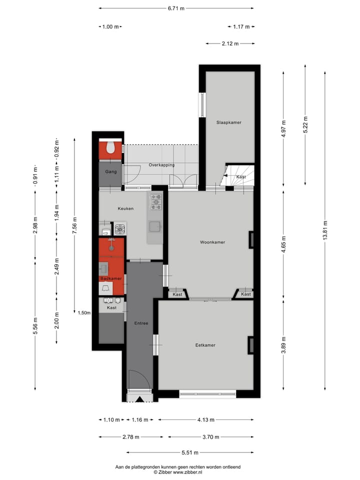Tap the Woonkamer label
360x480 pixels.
(212, 242)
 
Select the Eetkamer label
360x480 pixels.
(205, 345)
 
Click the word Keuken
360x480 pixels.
(125, 208)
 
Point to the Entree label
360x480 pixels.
(141, 323)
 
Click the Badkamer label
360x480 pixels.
(110, 278)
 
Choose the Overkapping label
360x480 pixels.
(161, 165)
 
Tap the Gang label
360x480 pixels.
(110, 172)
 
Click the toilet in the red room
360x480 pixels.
(110, 147)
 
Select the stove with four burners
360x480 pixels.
(155, 201)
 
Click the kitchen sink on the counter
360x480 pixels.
(155, 226)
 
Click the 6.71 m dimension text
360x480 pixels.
(175, 8)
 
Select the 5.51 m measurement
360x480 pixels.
(189, 453)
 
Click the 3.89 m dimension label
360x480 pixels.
(283, 345)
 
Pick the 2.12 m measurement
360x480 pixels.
(230, 43)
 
